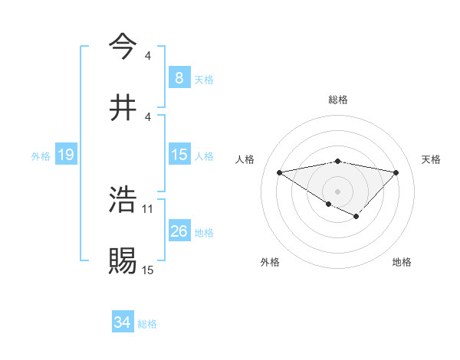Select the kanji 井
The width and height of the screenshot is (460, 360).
123,107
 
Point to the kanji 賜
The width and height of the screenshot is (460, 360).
123,260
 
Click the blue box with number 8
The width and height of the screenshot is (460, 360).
179,77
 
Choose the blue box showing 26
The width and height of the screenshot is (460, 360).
179,231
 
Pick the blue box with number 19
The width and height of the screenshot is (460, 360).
65,155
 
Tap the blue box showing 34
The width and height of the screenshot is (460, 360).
123,322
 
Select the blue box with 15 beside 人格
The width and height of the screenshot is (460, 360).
179,155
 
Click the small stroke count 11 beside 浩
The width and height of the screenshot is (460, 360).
149,208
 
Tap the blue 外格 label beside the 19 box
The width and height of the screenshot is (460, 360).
41,156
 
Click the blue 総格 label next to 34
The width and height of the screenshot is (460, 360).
147,323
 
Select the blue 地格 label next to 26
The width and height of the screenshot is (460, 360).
204,232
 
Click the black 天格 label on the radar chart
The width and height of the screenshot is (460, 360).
431,159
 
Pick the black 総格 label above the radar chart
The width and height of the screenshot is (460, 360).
337,100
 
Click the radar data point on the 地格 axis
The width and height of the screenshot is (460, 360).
356,217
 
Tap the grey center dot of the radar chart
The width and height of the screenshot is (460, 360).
337,191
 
